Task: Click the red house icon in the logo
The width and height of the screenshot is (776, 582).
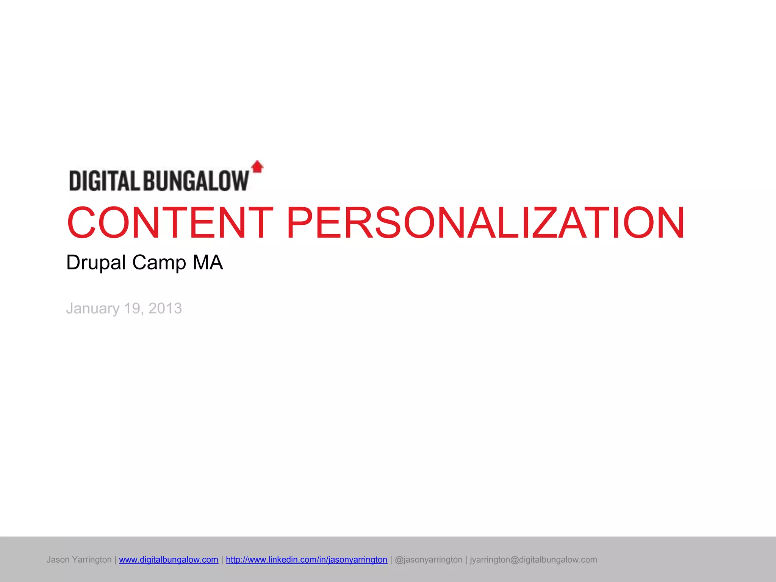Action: pyautogui.click(x=258, y=167)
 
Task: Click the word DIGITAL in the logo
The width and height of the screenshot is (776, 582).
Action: pyautogui.click(x=105, y=181)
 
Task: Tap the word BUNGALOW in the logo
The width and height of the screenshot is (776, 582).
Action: pyautogui.click(x=196, y=181)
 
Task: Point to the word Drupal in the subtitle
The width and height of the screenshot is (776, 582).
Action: pyautogui.click(x=96, y=263)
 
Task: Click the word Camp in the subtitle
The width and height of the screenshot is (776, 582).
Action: pyautogui.click(x=159, y=263)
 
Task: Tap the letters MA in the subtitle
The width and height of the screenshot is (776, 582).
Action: pyautogui.click(x=208, y=263)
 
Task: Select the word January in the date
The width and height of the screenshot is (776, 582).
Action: pyautogui.click(x=93, y=309)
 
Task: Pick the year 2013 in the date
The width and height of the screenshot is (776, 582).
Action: pyautogui.click(x=165, y=309)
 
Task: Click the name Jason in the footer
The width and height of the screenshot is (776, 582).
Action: pyautogui.click(x=58, y=560)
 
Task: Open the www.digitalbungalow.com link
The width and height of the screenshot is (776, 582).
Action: pyautogui.click(x=169, y=560)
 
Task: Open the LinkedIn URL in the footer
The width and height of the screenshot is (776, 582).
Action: pyautogui.click(x=307, y=560)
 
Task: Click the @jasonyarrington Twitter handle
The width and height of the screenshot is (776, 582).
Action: pyautogui.click(x=429, y=560)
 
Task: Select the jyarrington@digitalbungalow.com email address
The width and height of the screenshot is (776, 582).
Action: pyautogui.click(x=533, y=560)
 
